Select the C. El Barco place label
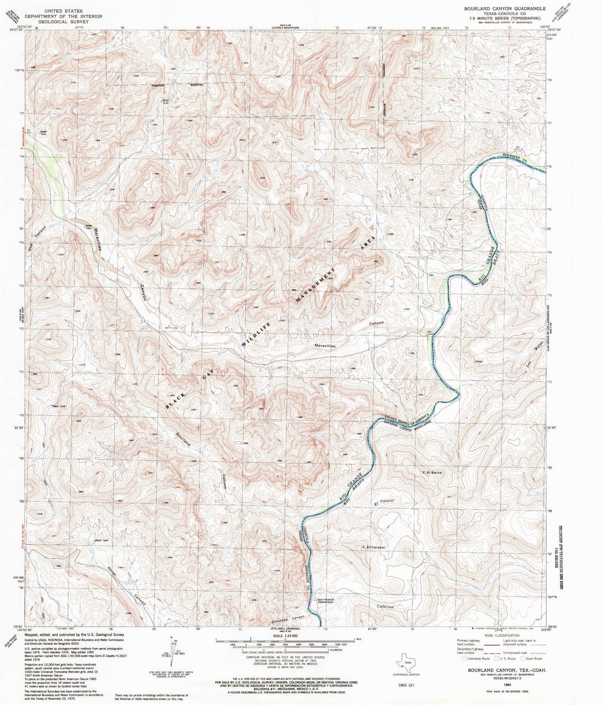pos(432,472)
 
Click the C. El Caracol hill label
pos(373,547)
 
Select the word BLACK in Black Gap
pos(175,401)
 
